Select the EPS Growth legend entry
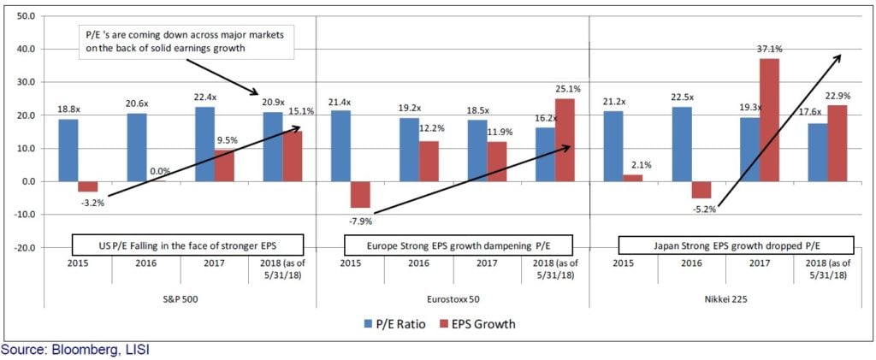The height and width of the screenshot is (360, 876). pyautogui.click(x=474, y=323)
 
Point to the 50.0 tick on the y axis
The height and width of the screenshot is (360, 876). pyautogui.click(x=25, y=16)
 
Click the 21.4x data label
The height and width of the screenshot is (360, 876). pyautogui.click(x=340, y=103)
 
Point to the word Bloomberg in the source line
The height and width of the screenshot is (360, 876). pyautogui.click(x=74, y=350)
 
